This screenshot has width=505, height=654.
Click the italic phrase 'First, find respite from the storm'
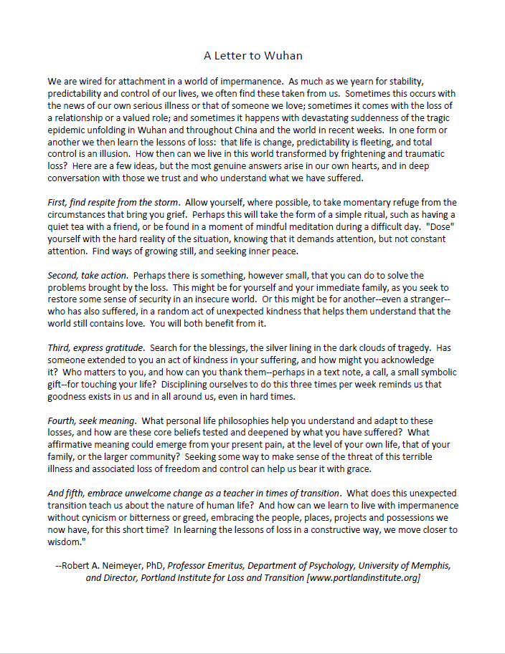tap(113, 203)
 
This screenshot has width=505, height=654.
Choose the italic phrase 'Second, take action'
tap(88, 276)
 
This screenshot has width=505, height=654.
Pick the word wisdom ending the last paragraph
tap(66, 542)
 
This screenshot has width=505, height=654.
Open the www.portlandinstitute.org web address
tap(363, 577)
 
